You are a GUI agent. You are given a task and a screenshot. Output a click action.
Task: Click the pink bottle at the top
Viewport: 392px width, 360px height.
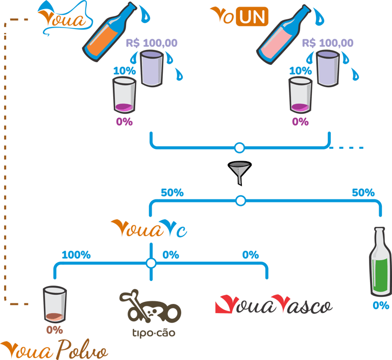point(284,34)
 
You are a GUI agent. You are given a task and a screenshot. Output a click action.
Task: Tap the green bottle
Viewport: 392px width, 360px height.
point(380,263)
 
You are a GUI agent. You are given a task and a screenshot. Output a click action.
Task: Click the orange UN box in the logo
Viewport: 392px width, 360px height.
point(252,17)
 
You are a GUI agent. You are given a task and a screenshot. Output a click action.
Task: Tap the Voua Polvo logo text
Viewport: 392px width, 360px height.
point(54,351)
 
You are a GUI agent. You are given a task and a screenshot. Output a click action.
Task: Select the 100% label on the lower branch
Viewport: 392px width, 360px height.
point(76,255)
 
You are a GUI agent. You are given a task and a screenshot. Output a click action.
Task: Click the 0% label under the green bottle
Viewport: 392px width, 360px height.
point(381,305)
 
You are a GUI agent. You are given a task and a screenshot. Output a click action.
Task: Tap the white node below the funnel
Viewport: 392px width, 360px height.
point(241,200)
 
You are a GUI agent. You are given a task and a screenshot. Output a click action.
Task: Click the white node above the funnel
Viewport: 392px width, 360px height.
point(239,148)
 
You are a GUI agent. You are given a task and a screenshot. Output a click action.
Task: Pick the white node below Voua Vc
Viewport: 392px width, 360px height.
point(151,263)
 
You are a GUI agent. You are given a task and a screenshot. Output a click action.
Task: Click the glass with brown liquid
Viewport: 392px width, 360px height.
point(55,304)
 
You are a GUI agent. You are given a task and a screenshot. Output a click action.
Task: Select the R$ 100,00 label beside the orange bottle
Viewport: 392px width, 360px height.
point(152,43)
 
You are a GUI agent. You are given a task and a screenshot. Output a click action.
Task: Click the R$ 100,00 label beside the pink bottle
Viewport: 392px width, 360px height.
point(328,43)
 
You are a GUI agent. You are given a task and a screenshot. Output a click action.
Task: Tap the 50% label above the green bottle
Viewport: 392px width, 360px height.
point(363,193)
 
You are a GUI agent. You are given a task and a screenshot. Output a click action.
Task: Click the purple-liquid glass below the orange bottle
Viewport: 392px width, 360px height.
point(124,95)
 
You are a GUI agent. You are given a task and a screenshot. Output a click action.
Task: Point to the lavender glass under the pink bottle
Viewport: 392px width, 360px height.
point(328,69)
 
